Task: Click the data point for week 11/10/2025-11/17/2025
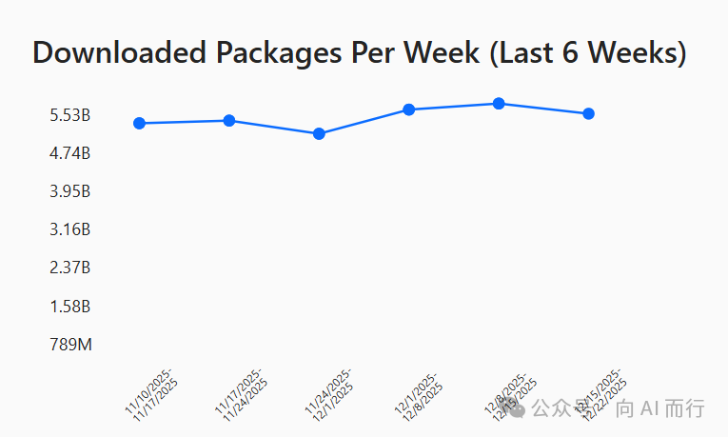point(140,123)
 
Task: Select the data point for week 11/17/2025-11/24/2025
point(229,120)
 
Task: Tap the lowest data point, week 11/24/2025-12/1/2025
point(319,133)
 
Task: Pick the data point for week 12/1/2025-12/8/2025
point(408,109)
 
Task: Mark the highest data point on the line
point(499,103)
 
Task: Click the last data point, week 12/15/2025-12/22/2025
point(588,113)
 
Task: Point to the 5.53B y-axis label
point(70,115)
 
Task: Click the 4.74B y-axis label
point(70,153)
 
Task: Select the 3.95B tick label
point(70,191)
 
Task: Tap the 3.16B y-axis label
point(70,229)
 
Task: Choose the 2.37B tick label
point(70,268)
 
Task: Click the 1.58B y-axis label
point(70,307)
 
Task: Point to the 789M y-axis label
point(71,345)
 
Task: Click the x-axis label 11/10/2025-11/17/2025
point(150,391)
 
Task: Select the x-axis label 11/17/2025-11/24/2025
point(241,391)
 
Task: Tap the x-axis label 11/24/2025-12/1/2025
point(330,391)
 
